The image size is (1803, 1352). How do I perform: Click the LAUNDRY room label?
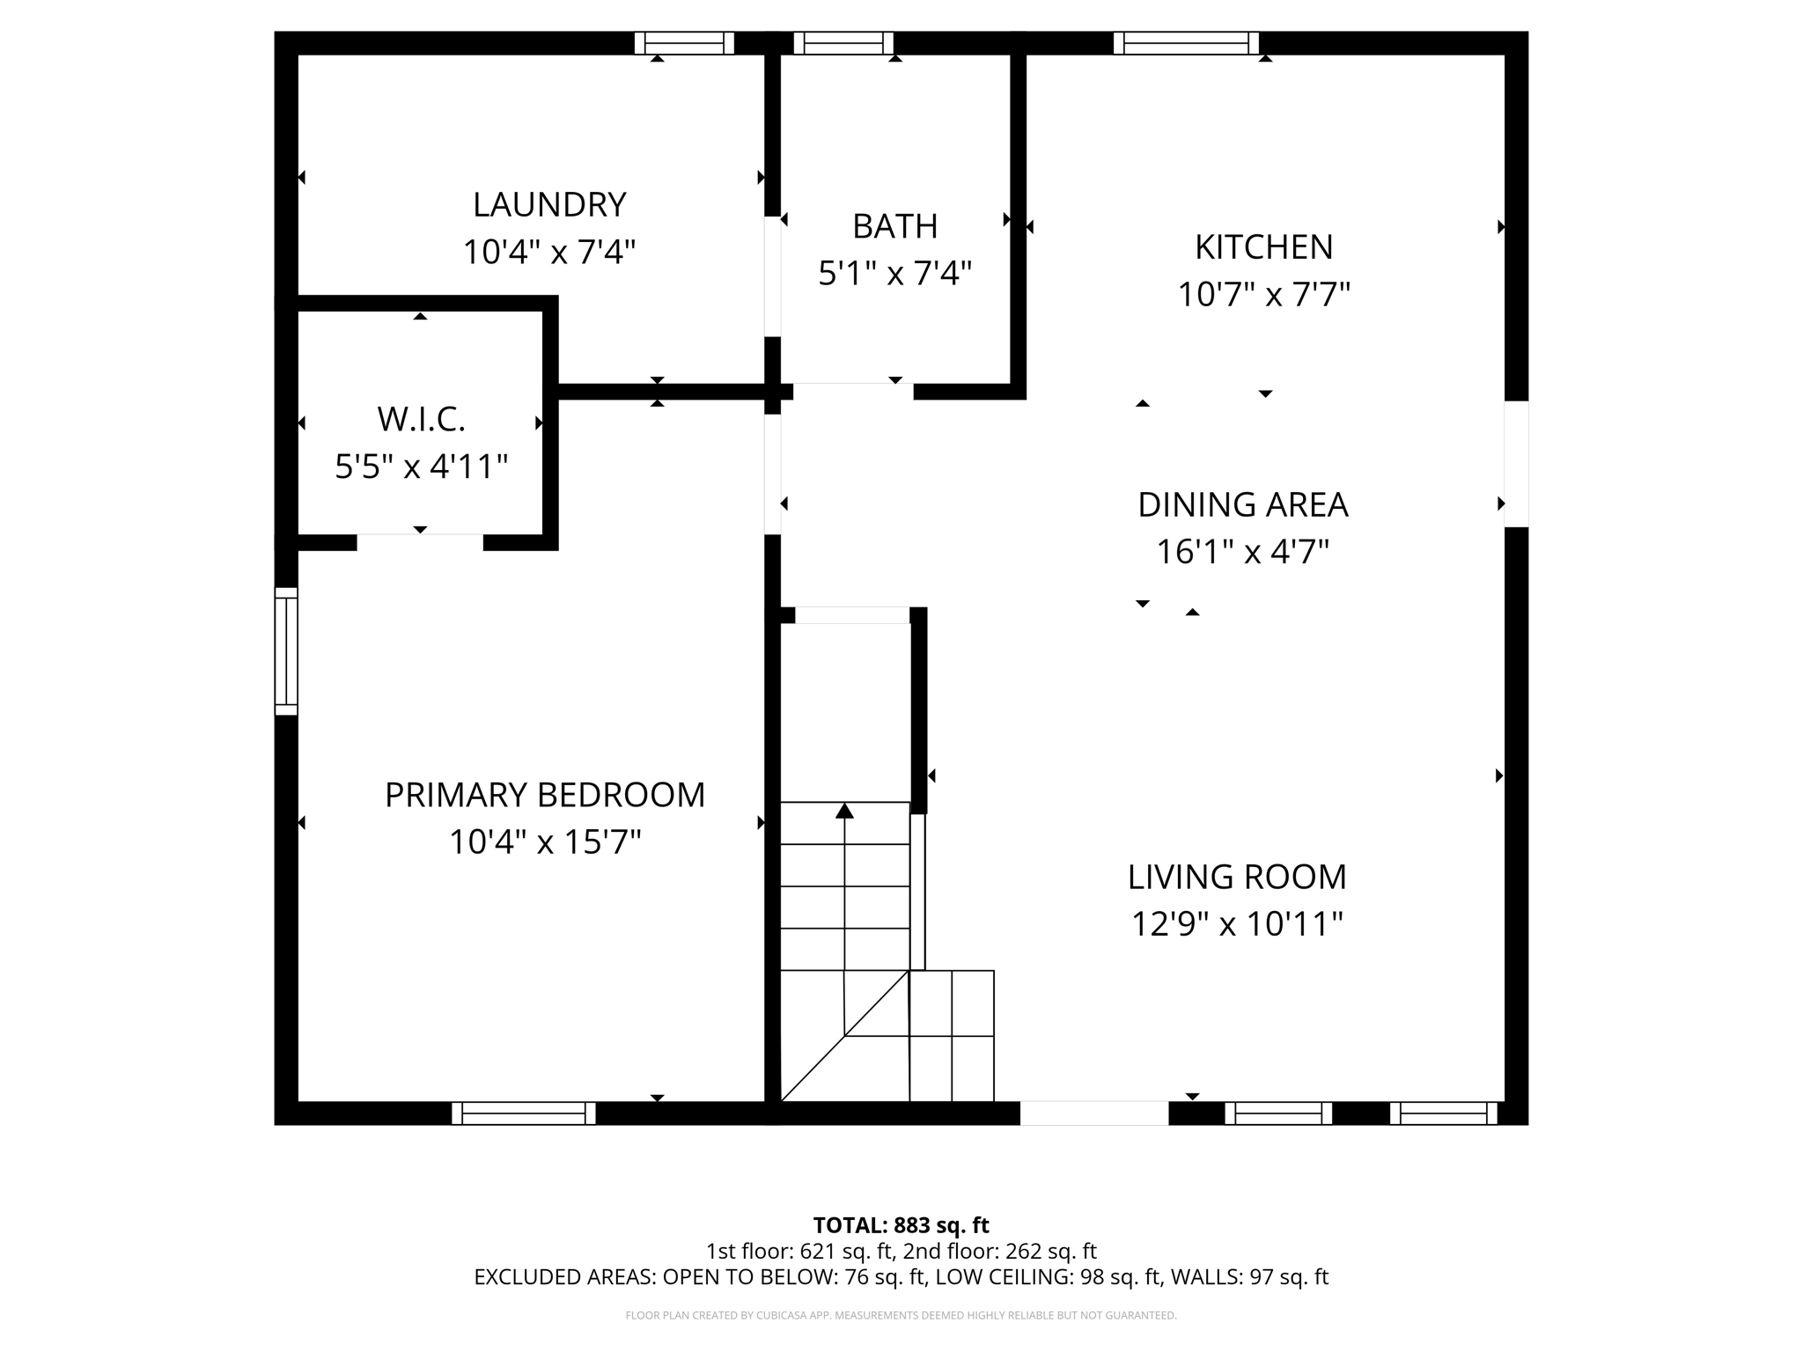549,205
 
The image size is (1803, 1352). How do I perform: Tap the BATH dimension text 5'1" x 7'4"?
894,274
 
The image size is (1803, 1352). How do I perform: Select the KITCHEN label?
1263,247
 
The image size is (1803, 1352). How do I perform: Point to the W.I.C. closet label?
421,419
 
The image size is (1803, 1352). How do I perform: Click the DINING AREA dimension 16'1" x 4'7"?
1242,553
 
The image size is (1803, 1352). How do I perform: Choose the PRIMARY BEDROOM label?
545,795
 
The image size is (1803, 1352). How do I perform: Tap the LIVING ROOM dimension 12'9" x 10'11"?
1237,924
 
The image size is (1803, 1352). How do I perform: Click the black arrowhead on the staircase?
844,811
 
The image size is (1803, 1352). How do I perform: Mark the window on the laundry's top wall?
684,43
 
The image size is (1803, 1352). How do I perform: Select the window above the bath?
843,43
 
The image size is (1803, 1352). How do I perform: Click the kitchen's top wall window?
1186,43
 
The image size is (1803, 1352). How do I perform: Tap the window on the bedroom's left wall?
286,650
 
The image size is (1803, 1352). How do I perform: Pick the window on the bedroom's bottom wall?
524,1113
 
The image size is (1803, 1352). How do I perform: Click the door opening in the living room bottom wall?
1093,1113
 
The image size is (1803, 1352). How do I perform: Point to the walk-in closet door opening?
420,542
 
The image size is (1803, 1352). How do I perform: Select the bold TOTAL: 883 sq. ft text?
901,1225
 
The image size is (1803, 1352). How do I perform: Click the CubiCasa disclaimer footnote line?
901,1316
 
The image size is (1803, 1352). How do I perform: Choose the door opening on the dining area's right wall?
1516,464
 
